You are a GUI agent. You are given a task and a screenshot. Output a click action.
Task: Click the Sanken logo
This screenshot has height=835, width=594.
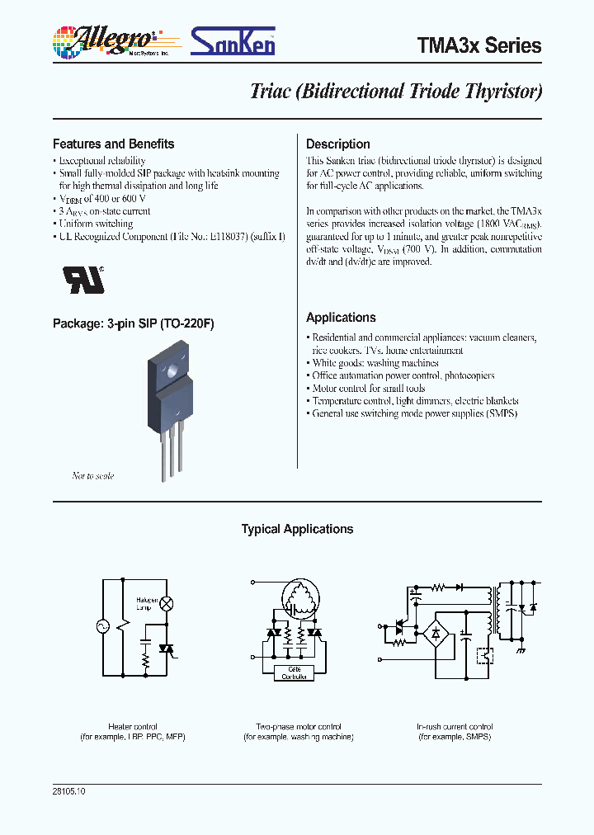coord(233,41)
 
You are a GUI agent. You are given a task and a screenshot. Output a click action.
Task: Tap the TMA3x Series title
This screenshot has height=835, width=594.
coord(481,45)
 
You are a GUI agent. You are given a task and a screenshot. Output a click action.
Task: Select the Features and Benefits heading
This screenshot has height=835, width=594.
coord(114,144)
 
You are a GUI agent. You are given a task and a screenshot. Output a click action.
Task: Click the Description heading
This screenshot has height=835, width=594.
coord(337,144)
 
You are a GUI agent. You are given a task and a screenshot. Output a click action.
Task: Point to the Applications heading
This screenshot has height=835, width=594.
coord(341,318)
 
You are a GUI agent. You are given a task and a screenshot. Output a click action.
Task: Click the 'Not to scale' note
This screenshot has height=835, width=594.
coord(93,476)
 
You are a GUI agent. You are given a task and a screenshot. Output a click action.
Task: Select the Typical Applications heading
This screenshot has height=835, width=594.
coord(297,530)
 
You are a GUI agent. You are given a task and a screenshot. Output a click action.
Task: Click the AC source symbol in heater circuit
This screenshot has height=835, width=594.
coord(105,626)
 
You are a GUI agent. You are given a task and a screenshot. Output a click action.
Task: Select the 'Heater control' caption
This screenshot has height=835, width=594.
coord(133,726)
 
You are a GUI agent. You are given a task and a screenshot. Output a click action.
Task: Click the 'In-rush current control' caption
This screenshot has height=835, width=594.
coord(455,726)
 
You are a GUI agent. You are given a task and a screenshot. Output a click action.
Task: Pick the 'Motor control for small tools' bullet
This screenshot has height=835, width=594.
coord(368,388)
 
